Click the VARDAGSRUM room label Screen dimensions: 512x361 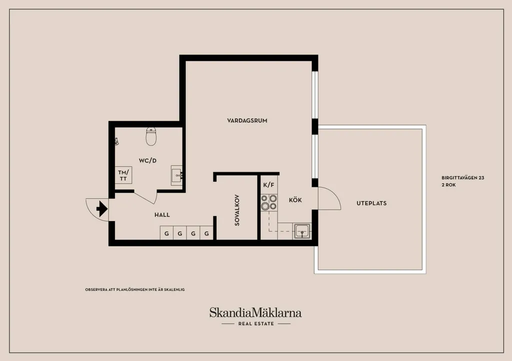[x=247, y=121]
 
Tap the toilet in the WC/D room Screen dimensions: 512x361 [x=151, y=136]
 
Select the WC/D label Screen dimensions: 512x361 [x=147, y=160]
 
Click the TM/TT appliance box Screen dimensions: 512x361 [x=123, y=175]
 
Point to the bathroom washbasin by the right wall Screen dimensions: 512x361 [x=177, y=175]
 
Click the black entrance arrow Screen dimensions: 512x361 [x=102, y=209]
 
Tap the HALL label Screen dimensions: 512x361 [x=162, y=215]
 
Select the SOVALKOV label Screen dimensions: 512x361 [x=237, y=210]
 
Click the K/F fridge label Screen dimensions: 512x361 [x=268, y=185]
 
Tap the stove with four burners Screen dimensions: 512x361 [x=269, y=202]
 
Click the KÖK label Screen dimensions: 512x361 [x=295, y=200]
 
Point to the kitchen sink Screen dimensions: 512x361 [x=302, y=231]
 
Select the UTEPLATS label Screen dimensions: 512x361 [x=371, y=203]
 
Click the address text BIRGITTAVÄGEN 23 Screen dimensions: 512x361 [x=462, y=178]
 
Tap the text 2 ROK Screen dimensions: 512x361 [x=448, y=185]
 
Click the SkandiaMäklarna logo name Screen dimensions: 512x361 [x=255, y=313]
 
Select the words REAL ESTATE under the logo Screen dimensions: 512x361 [x=256, y=324]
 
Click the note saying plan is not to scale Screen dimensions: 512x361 [x=135, y=290]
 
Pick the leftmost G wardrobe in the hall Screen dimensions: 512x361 [x=166, y=233]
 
